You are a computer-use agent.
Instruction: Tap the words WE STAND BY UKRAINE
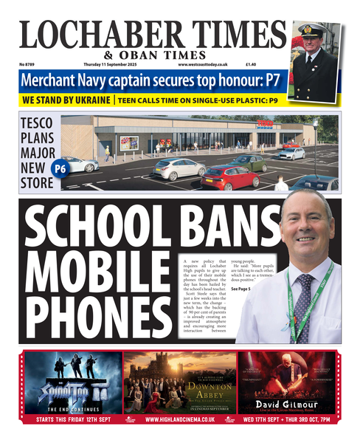pyautogui.click(x=66, y=100)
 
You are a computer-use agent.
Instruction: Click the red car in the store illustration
pyautogui.click(x=229, y=177)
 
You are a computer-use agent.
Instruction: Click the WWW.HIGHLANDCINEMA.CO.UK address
pyautogui.click(x=180, y=419)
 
